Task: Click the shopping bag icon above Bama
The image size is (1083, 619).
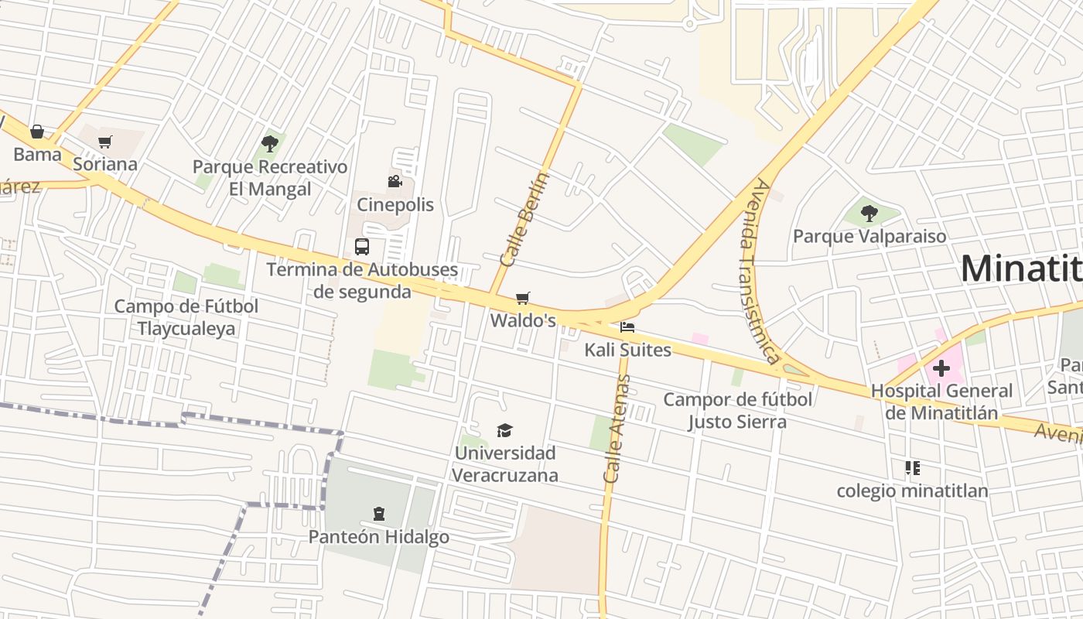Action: (36, 132)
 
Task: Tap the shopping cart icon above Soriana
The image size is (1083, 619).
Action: (105, 142)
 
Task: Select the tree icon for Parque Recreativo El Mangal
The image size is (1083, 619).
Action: (270, 143)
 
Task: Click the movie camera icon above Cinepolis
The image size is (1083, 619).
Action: (395, 181)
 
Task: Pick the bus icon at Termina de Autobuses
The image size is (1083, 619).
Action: (361, 247)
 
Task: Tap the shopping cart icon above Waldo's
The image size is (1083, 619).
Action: (523, 298)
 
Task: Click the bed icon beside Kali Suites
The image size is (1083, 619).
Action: (627, 327)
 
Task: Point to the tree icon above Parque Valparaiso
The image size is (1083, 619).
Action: (869, 213)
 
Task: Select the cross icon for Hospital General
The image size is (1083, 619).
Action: (941, 368)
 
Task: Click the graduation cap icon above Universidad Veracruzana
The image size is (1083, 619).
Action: (504, 430)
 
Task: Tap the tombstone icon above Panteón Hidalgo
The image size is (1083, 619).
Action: (379, 513)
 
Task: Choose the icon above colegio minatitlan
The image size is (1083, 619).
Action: (913, 467)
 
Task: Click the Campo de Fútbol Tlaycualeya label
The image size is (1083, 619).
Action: (186, 317)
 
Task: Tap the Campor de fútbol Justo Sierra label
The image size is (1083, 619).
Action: (738, 410)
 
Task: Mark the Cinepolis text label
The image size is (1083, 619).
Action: (395, 205)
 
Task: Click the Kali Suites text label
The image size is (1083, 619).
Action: (627, 350)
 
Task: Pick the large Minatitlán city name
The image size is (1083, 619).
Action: (1021, 268)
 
